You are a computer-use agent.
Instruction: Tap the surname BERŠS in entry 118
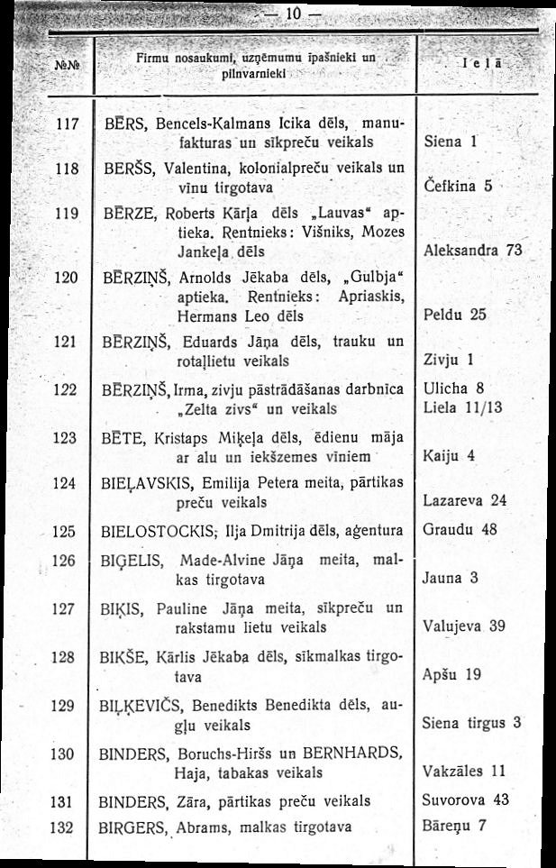[127, 168]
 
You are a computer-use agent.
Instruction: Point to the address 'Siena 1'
[450, 142]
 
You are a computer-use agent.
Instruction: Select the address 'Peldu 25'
[454, 315]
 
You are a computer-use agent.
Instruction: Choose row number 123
[63, 435]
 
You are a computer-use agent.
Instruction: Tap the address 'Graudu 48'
[460, 530]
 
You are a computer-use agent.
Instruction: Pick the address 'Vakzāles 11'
[463, 771]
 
